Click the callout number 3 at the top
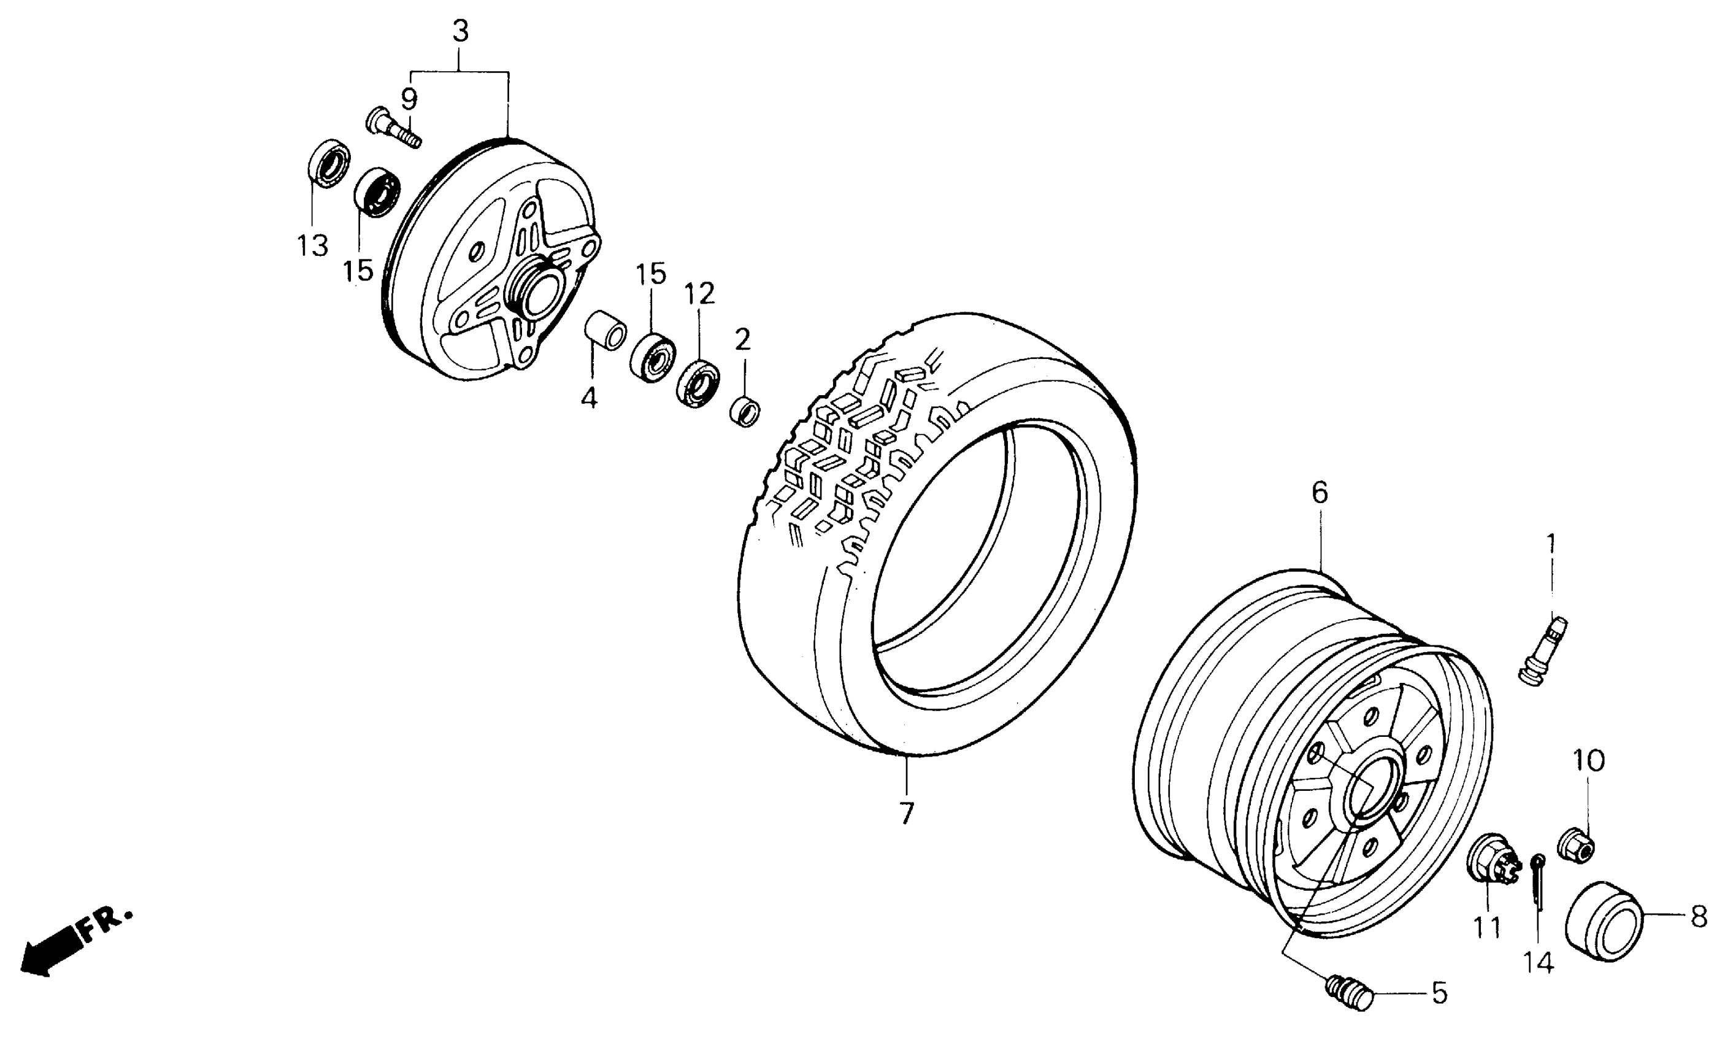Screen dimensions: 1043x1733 [x=459, y=32]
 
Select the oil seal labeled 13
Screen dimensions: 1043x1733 [x=329, y=164]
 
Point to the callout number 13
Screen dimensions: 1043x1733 [x=312, y=246]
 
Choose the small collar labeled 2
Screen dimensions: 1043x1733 [x=745, y=411]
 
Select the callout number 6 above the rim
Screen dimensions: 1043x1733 [x=1319, y=493]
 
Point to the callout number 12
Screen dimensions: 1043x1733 [x=699, y=293]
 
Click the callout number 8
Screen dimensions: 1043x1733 [x=1698, y=917]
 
